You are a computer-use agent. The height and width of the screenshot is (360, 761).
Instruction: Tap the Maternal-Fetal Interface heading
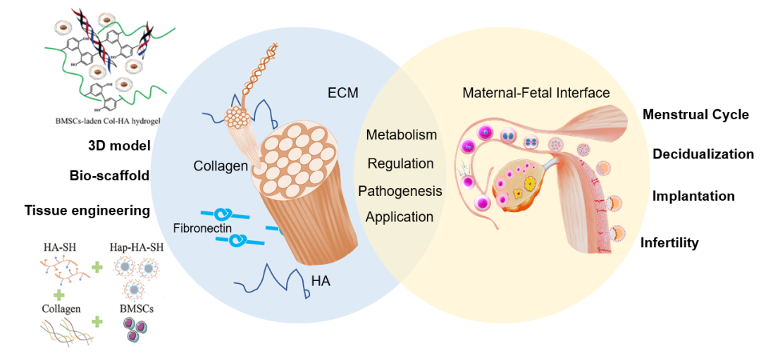coord(536,93)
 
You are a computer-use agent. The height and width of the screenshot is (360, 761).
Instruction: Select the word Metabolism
coord(402,135)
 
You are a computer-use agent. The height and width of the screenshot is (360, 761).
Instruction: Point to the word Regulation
coord(401,163)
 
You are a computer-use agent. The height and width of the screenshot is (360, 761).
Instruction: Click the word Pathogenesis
coord(400,191)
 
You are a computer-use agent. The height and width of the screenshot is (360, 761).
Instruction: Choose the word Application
coord(400,217)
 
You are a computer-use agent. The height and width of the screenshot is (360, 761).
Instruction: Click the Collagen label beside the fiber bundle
coord(221,166)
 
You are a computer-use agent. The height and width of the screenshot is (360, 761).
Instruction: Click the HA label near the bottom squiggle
coord(321,283)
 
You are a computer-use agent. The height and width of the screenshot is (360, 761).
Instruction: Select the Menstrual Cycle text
coord(695,115)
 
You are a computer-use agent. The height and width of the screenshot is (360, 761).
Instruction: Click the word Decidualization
coord(703,154)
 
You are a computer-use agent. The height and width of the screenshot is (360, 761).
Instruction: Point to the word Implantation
coord(693,197)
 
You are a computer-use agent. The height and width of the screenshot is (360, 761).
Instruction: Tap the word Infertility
coord(669,243)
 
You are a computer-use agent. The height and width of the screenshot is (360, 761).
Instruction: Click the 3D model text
coord(119,147)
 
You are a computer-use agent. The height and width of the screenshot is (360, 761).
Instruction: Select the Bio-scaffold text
coord(110,175)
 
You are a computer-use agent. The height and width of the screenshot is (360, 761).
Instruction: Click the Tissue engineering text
coord(87,210)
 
